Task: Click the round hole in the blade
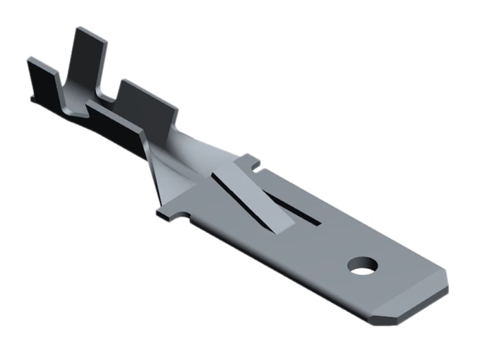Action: (361, 265)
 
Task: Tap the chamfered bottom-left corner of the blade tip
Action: (376, 317)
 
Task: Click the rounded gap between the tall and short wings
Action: (110, 96)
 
